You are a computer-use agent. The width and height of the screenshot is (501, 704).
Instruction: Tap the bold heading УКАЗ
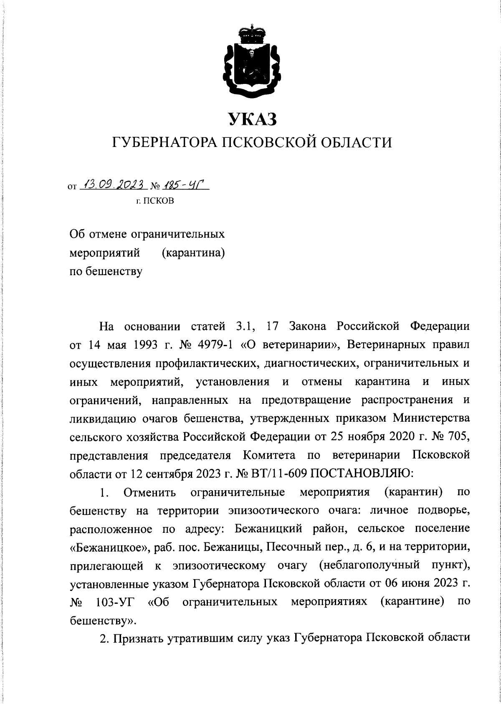point(252,119)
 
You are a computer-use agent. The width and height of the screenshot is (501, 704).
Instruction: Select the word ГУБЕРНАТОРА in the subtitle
point(163,143)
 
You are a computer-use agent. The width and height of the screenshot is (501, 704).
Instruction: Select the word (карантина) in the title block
point(193,253)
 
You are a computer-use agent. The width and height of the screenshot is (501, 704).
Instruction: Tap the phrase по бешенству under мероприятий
point(106,271)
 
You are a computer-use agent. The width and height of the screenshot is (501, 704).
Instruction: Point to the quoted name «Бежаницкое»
point(109,547)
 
